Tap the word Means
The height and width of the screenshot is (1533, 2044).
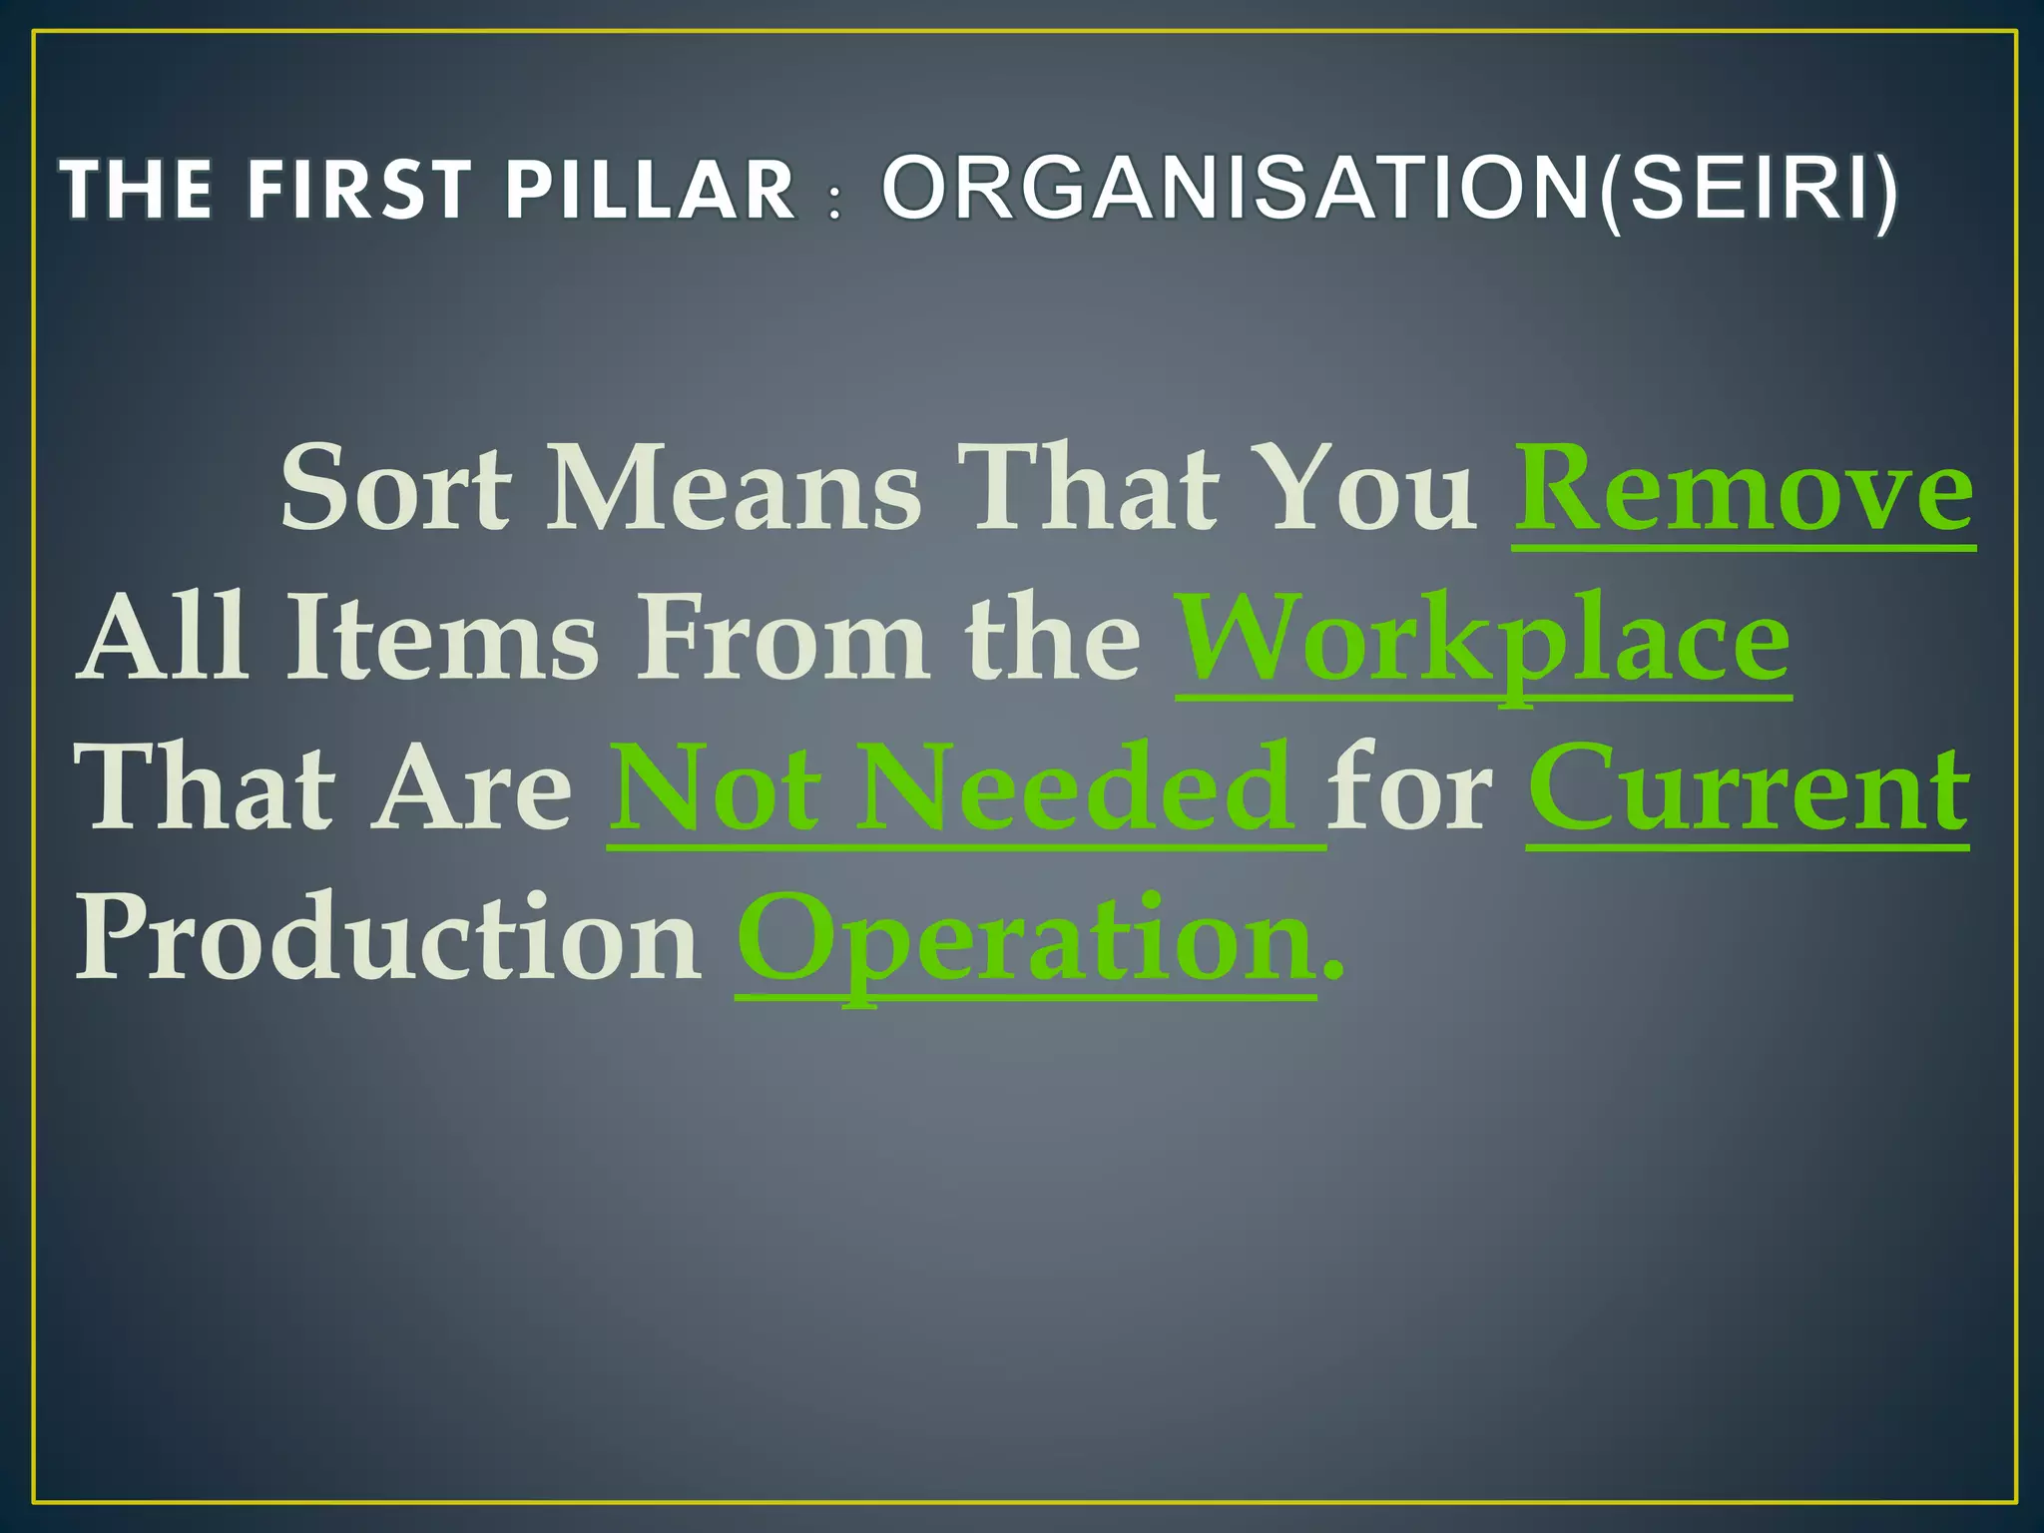click(x=734, y=489)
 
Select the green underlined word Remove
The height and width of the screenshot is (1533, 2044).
click(x=1744, y=489)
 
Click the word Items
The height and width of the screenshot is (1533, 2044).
click(x=444, y=639)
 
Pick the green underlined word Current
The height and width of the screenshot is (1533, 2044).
click(x=1749, y=788)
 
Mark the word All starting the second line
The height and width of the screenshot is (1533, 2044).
click(x=164, y=639)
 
